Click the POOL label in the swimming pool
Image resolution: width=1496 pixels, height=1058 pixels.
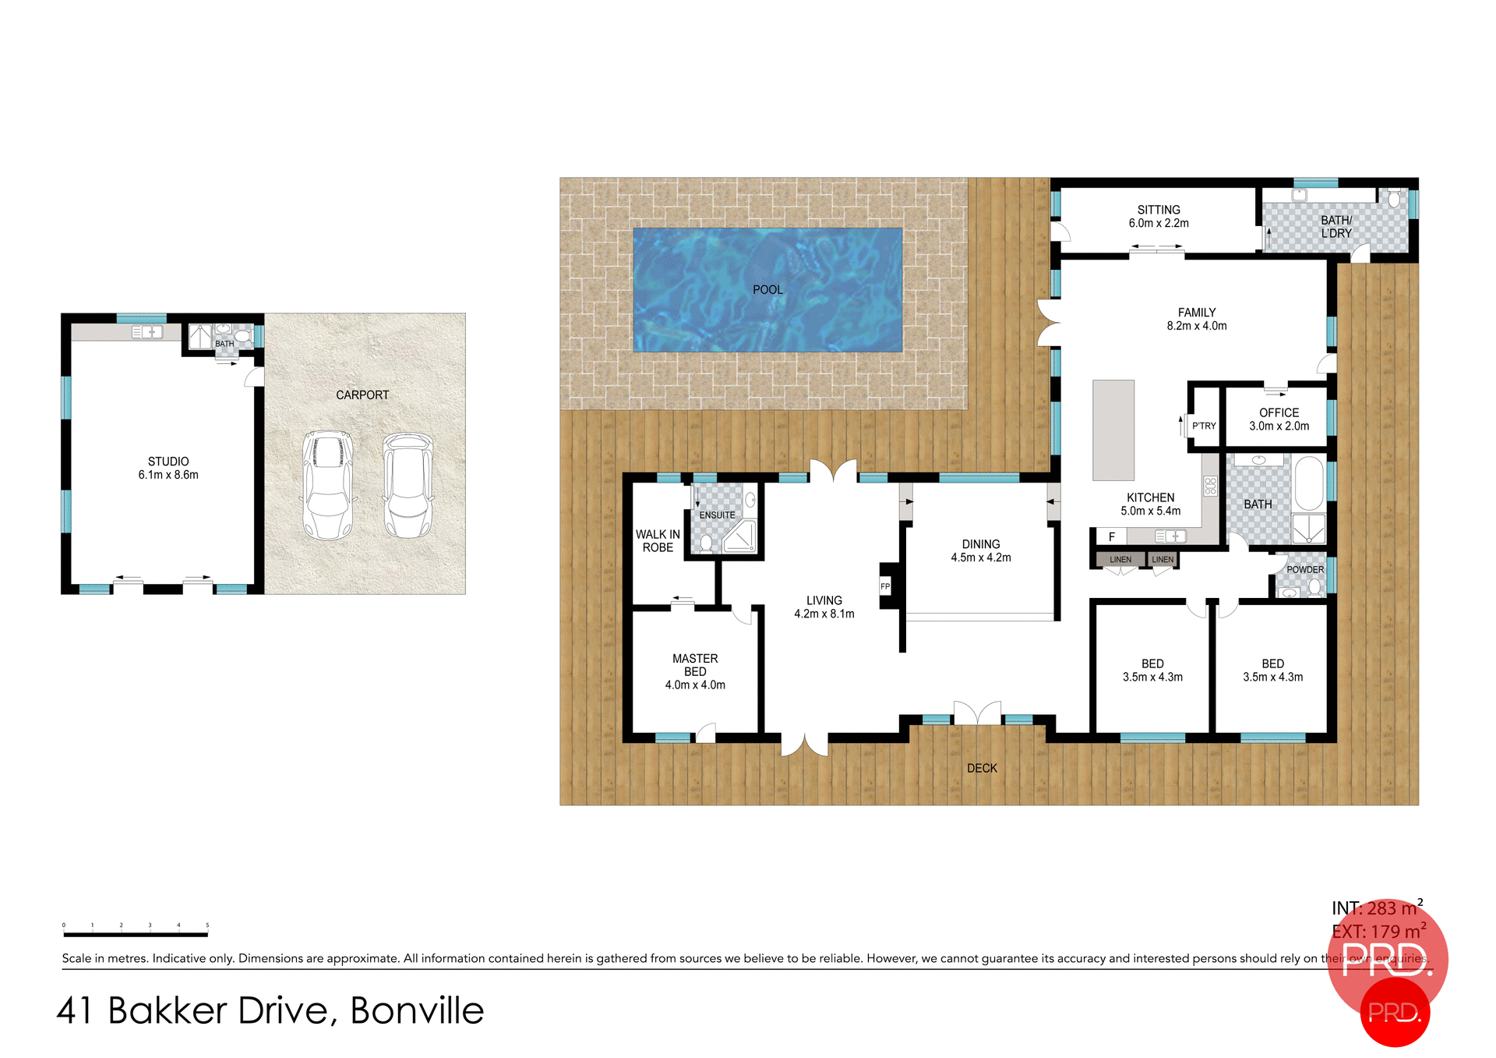767,290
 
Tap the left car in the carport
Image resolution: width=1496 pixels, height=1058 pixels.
327,485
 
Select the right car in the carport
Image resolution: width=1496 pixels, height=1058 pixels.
408,485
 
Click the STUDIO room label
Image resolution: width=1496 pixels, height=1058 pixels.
168,462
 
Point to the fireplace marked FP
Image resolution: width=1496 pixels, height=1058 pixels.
885,586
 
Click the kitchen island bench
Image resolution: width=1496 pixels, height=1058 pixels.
1113,430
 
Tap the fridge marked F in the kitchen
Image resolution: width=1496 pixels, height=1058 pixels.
1112,536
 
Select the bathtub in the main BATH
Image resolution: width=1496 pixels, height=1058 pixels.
1309,483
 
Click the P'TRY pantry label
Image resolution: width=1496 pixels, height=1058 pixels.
1204,426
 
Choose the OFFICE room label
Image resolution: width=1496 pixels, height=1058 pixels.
1279,412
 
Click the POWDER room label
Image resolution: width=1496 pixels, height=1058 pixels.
1305,570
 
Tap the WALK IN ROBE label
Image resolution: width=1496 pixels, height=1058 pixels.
658,541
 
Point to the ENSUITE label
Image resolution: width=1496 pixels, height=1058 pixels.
717,515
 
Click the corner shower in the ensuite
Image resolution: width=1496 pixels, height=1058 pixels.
740,537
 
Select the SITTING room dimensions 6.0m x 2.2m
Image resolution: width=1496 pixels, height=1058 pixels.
1159,224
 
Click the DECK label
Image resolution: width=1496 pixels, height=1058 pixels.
982,769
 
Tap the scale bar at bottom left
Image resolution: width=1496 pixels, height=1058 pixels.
136,933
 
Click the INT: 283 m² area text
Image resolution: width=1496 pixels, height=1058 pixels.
1375,909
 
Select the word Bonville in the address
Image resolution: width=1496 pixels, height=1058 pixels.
417,1011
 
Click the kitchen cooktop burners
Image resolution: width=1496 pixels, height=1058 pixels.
1210,487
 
